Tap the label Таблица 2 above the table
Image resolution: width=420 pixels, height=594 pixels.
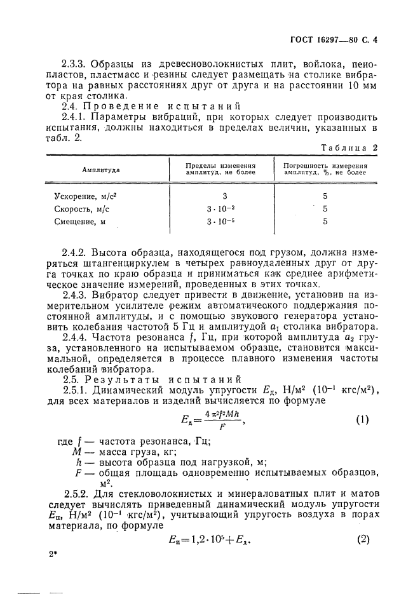[349, 147]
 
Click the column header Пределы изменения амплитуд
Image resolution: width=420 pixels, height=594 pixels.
[220, 169]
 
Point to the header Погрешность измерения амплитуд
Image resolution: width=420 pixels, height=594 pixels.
[325, 169]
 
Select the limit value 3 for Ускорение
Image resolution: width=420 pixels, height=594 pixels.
[224, 197]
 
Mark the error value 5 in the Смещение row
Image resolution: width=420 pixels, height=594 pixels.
[325, 222]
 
